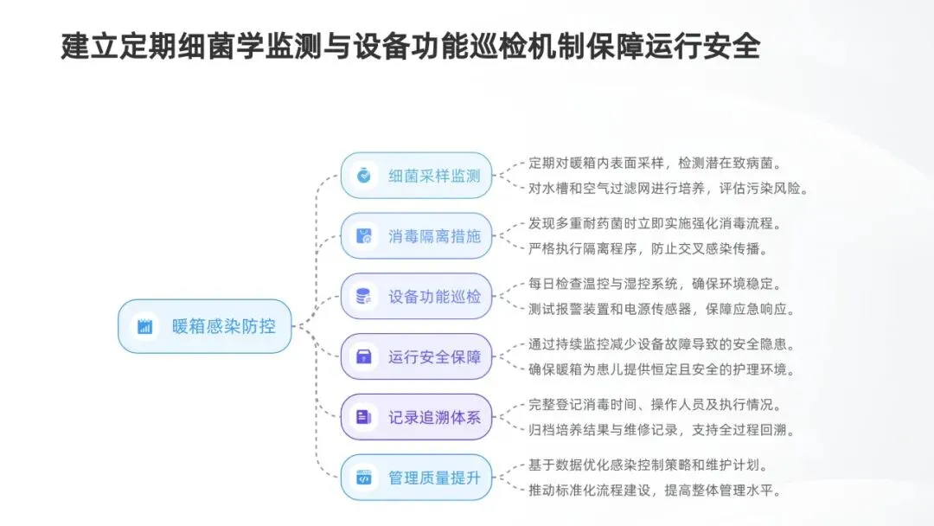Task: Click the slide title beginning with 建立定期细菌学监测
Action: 410,47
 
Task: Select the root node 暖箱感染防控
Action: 205,326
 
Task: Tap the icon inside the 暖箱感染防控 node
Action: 144,326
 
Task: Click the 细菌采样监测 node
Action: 416,175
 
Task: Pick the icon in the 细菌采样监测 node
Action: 364,175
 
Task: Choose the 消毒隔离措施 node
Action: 416,235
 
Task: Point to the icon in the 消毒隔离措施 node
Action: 364,235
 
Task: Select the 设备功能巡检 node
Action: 416,296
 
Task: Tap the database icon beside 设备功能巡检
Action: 364,296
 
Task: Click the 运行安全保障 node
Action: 416,356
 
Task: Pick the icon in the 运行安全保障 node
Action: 364,356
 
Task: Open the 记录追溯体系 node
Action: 416,417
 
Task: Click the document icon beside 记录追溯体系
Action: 364,417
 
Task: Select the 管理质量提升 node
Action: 416,478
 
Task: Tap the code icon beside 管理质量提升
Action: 364,478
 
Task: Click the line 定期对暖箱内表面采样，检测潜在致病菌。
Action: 658,163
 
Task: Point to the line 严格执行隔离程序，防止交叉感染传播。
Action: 648,248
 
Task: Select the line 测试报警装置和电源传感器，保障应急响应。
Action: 662,309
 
